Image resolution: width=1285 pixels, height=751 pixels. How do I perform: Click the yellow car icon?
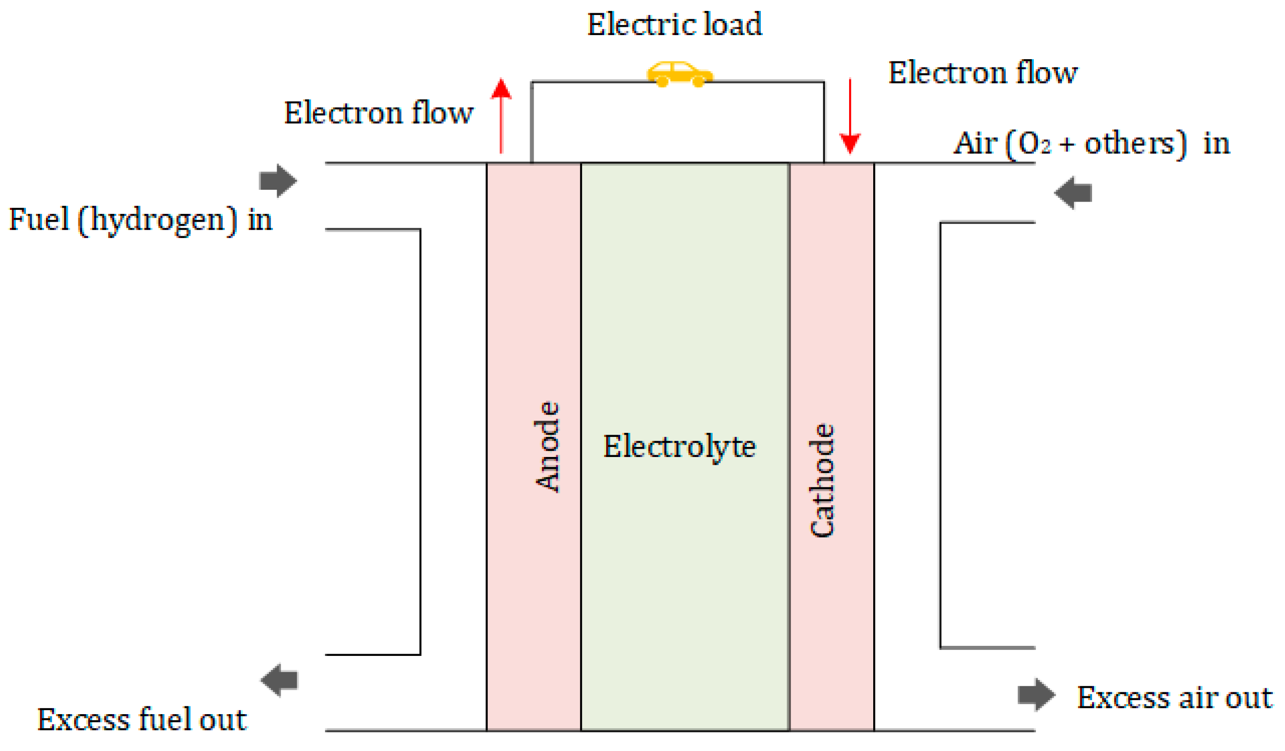coord(680,75)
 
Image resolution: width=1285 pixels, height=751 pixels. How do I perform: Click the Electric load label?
coord(675,25)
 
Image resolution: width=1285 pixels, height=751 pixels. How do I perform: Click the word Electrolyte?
coord(679,447)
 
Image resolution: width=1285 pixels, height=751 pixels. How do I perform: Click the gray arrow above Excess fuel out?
coord(279,680)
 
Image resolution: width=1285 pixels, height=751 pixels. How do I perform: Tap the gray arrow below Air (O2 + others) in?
coord(1073,193)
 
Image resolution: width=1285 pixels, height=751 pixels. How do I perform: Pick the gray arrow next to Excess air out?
coord(1036,695)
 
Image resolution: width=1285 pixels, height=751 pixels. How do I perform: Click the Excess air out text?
coord(1174,697)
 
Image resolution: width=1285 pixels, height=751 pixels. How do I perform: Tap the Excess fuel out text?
coord(142,720)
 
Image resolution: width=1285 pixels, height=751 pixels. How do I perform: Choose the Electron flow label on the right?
coord(982,73)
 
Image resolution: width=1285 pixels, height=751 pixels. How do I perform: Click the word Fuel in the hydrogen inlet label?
coord(39,219)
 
